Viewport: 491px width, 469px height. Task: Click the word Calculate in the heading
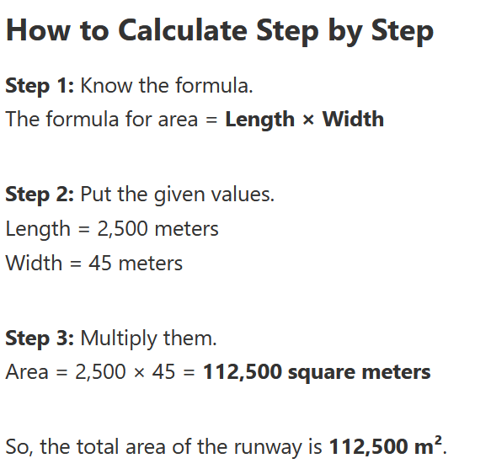pos(183,30)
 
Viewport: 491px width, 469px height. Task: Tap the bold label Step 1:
pos(40,86)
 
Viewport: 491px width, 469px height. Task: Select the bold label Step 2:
pos(40,195)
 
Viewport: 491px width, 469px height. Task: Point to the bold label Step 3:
pos(40,338)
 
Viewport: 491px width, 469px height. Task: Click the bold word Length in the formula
pos(260,120)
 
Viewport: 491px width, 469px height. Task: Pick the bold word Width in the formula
pos(353,119)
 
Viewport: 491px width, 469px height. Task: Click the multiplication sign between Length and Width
pos(308,120)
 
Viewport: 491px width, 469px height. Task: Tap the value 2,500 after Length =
pos(122,229)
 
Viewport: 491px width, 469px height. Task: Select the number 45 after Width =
pos(100,263)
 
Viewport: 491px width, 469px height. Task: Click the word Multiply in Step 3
pos(119,339)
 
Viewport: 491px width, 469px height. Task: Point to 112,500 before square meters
pos(243,372)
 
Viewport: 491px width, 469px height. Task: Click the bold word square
pos(321,374)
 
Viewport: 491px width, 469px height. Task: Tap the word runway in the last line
pos(269,448)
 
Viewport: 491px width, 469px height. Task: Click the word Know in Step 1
pos(106,86)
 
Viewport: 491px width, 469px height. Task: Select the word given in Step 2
pos(179,195)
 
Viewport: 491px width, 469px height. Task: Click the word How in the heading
pos(38,30)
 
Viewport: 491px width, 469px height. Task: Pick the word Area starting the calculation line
pos(27,372)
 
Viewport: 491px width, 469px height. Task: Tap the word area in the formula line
pos(178,120)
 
